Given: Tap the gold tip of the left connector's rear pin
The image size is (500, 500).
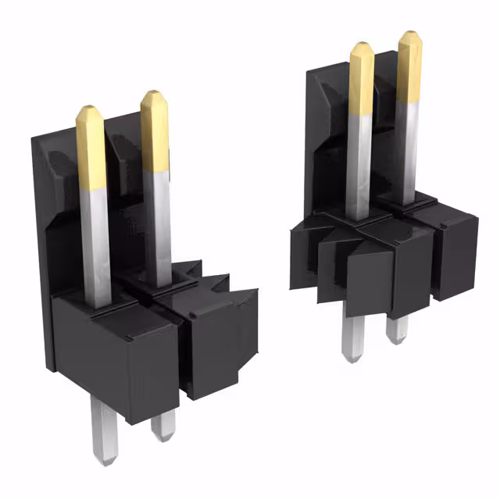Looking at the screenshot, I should [155, 128].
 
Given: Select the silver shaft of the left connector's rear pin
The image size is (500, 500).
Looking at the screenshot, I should [158, 227].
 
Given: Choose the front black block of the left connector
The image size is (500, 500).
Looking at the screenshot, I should [117, 352].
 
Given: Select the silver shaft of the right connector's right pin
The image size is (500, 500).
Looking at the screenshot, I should [405, 148].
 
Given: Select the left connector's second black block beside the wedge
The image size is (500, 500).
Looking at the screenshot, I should [215, 344].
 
